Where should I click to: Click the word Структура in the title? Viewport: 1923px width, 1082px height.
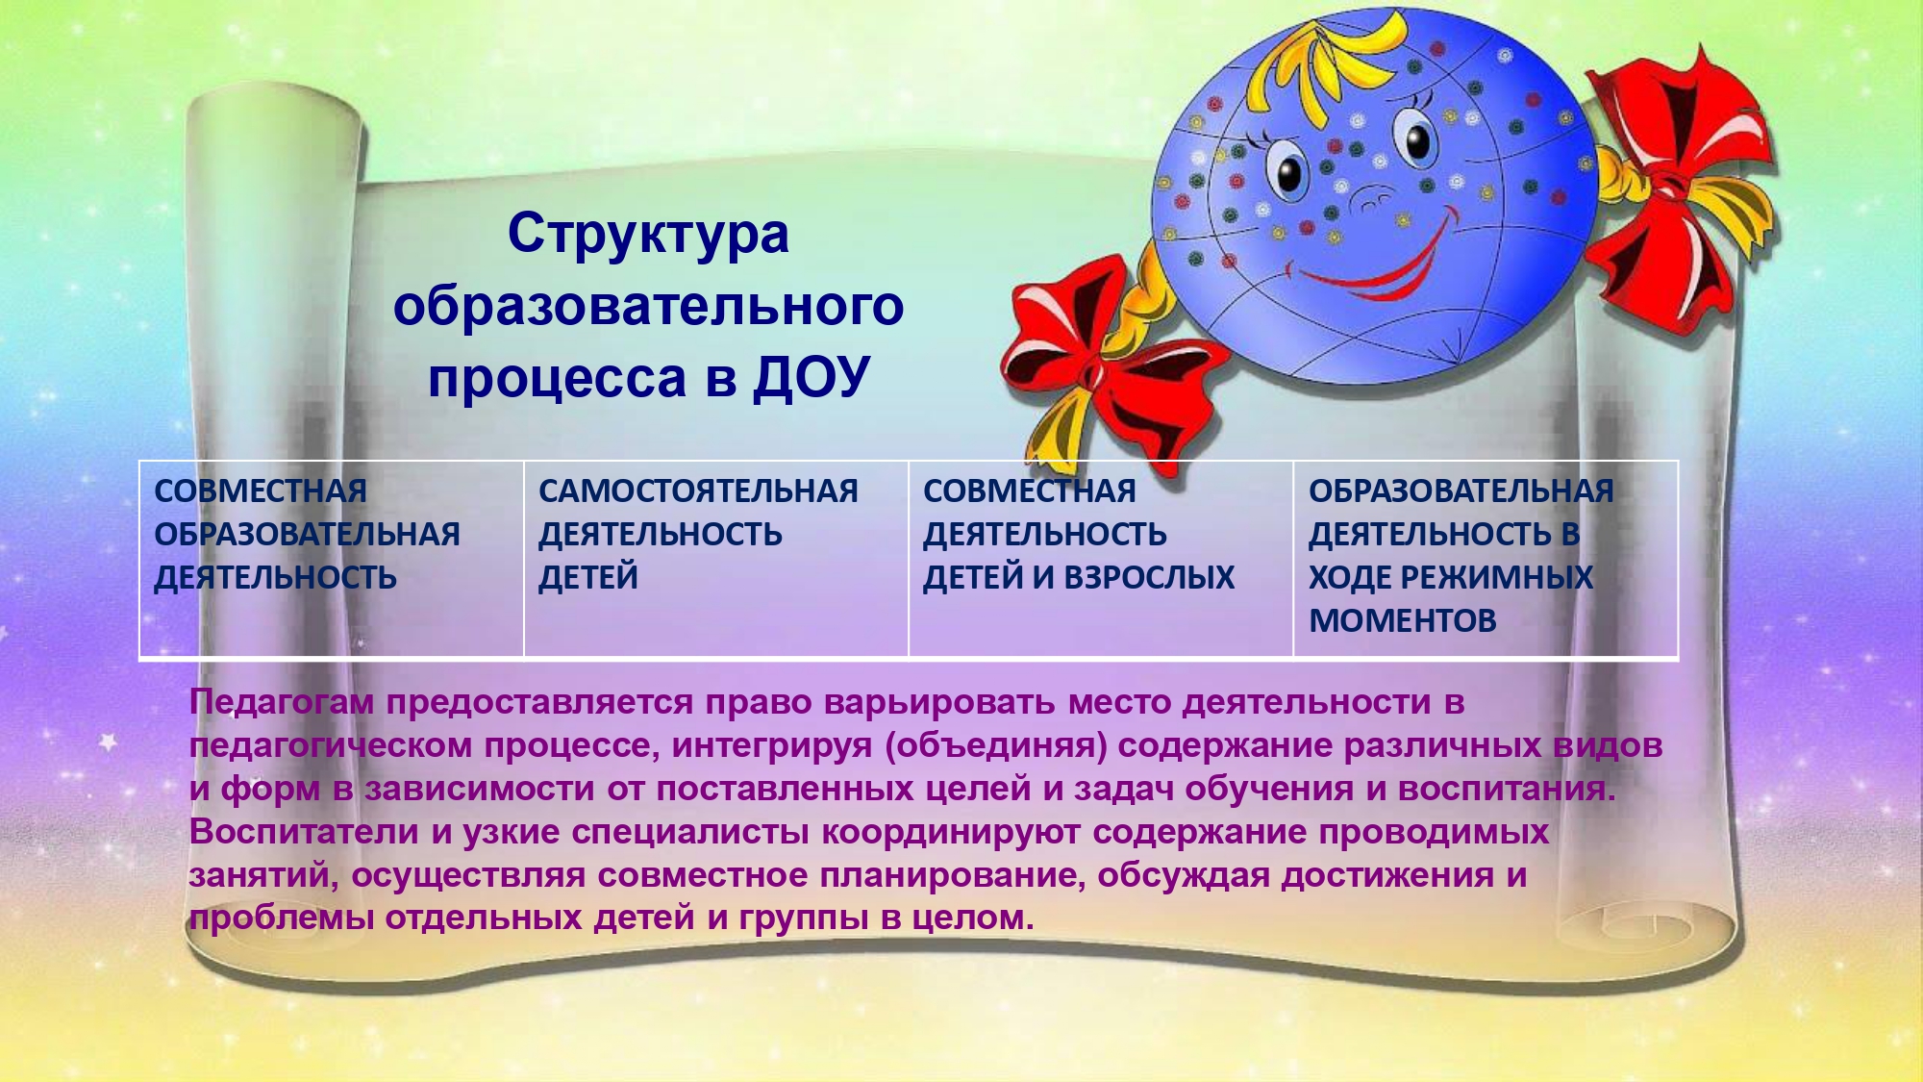(648, 235)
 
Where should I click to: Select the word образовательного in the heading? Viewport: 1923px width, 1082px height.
(649, 307)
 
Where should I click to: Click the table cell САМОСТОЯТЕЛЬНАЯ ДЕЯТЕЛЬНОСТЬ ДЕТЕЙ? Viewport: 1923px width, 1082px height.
(716, 560)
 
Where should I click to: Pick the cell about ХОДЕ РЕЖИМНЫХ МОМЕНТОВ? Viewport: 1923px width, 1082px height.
(1486, 560)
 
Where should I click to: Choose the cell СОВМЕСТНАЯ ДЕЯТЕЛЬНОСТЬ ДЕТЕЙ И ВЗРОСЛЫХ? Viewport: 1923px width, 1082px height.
(1101, 560)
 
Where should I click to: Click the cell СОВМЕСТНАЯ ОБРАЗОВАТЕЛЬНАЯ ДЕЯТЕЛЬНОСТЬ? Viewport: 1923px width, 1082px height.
(332, 560)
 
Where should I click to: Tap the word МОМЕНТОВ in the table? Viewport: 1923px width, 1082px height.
(1403, 620)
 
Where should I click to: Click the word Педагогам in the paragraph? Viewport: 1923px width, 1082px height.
(282, 703)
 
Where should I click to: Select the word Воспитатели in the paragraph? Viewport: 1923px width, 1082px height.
(304, 832)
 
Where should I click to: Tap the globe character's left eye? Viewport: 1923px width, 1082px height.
(1287, 173)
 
